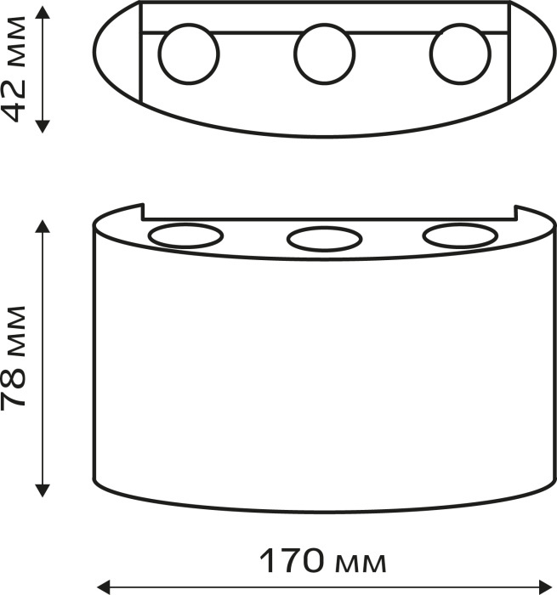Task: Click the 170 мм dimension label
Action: [x=323, y=561]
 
